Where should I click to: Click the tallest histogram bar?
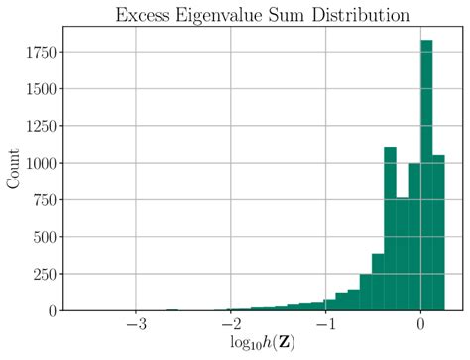point(426,179)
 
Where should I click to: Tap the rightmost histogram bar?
point(438,233)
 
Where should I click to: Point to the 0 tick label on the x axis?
point(421,325)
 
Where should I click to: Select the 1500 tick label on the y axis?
point(45,89)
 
